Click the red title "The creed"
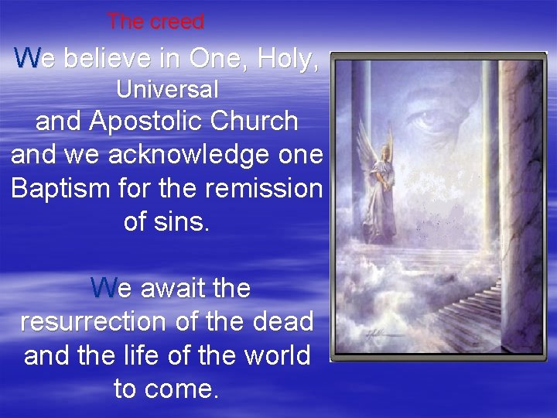155,22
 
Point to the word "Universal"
167,90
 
